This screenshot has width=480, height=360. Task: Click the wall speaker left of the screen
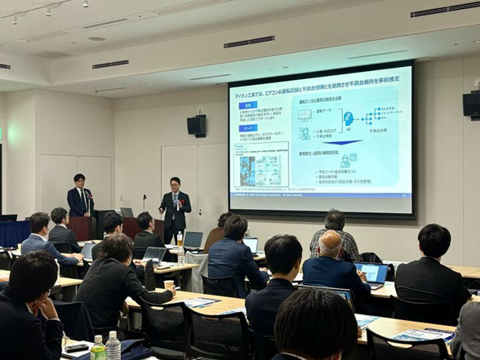pos(197,125)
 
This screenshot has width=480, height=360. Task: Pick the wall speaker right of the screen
pos(472,104)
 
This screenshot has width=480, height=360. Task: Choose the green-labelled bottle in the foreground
pos(98,349)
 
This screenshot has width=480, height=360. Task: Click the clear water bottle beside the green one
pos(113,346)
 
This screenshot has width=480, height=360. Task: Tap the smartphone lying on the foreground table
pos(77,348)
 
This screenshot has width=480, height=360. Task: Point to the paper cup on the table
pos(169,286)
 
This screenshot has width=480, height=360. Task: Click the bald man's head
pos(330,243)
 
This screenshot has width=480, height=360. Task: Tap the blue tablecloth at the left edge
pos(12,233)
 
